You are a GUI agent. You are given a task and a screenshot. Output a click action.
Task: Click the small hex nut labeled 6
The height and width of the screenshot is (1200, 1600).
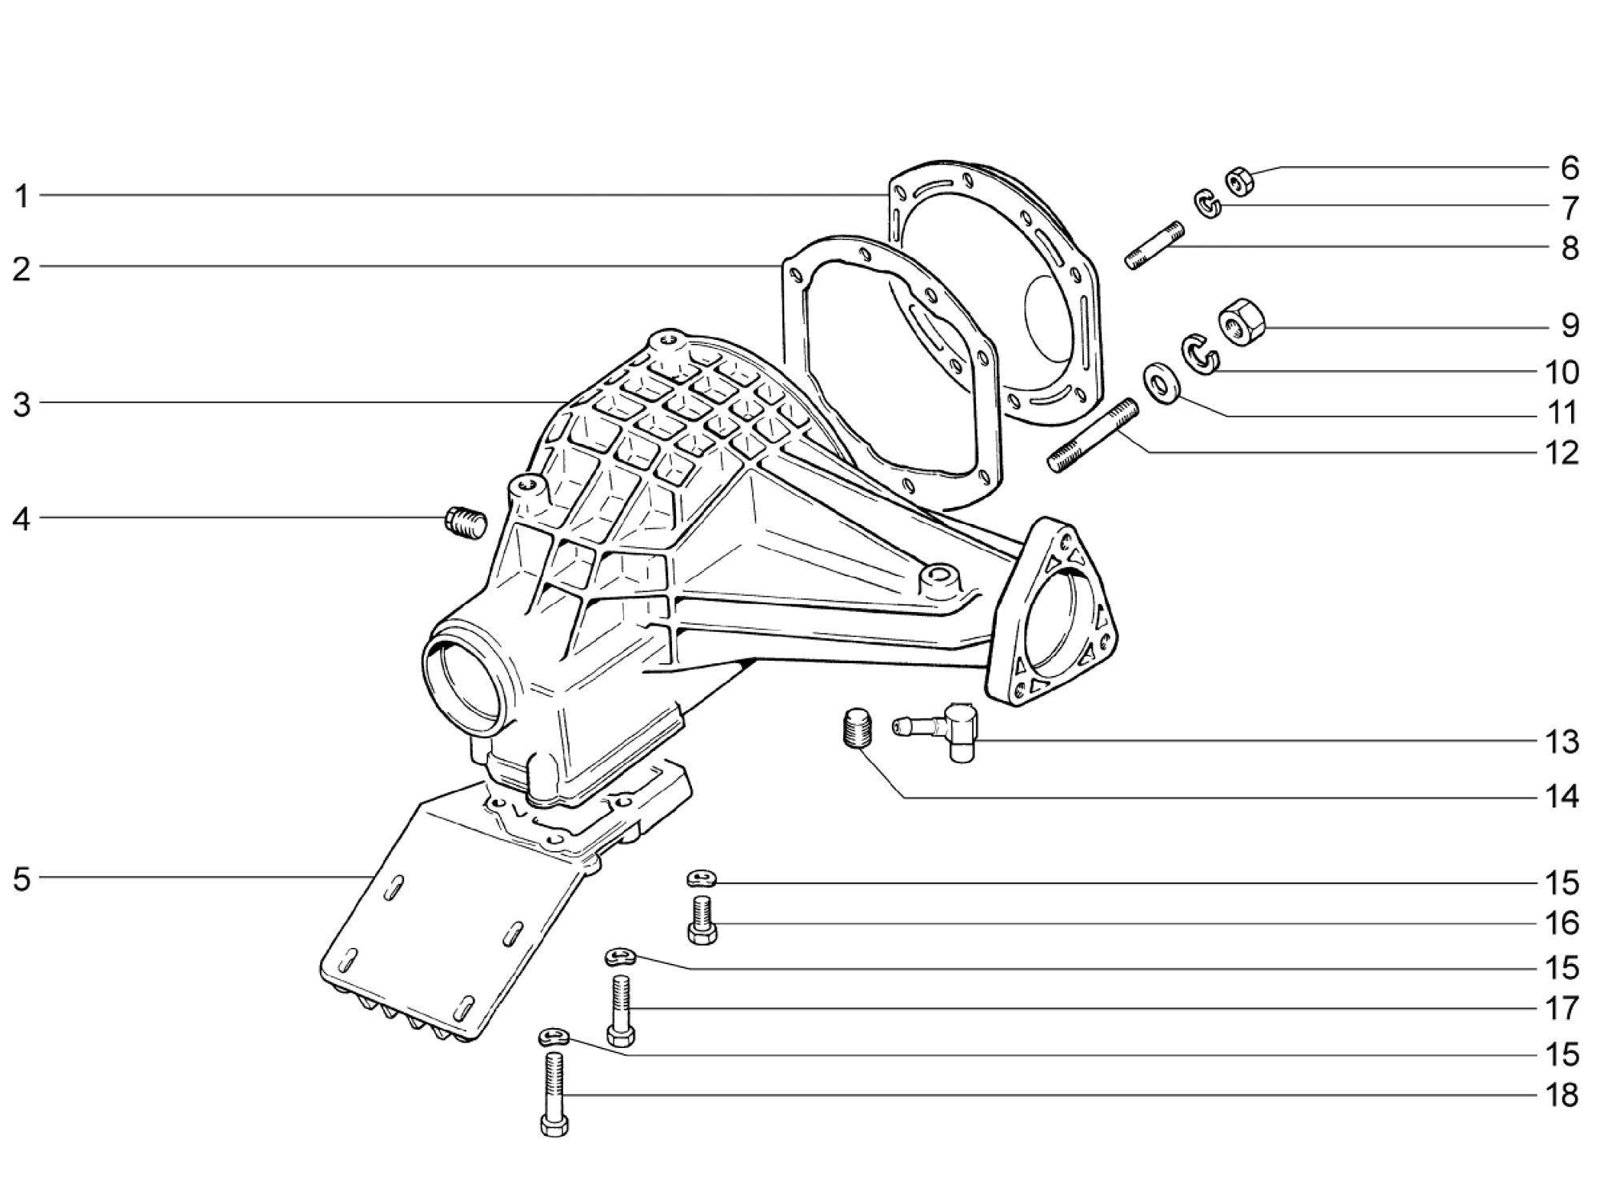[1239, 181]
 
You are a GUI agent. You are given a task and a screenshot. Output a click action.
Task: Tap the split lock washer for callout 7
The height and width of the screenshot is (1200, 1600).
[1209, 204]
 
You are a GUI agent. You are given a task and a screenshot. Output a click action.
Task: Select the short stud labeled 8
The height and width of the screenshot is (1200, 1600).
[1154, 246]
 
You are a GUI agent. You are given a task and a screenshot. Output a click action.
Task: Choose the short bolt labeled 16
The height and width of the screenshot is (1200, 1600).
[702, 920]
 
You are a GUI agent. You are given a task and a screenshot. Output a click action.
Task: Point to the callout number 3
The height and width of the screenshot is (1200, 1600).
[22, 404]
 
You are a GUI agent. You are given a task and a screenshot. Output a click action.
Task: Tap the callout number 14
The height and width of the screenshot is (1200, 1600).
[1561, 797]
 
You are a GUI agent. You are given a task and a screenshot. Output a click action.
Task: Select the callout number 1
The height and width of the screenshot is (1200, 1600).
[22, 196]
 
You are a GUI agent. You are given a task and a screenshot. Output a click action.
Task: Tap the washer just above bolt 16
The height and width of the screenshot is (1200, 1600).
[702, 879]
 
